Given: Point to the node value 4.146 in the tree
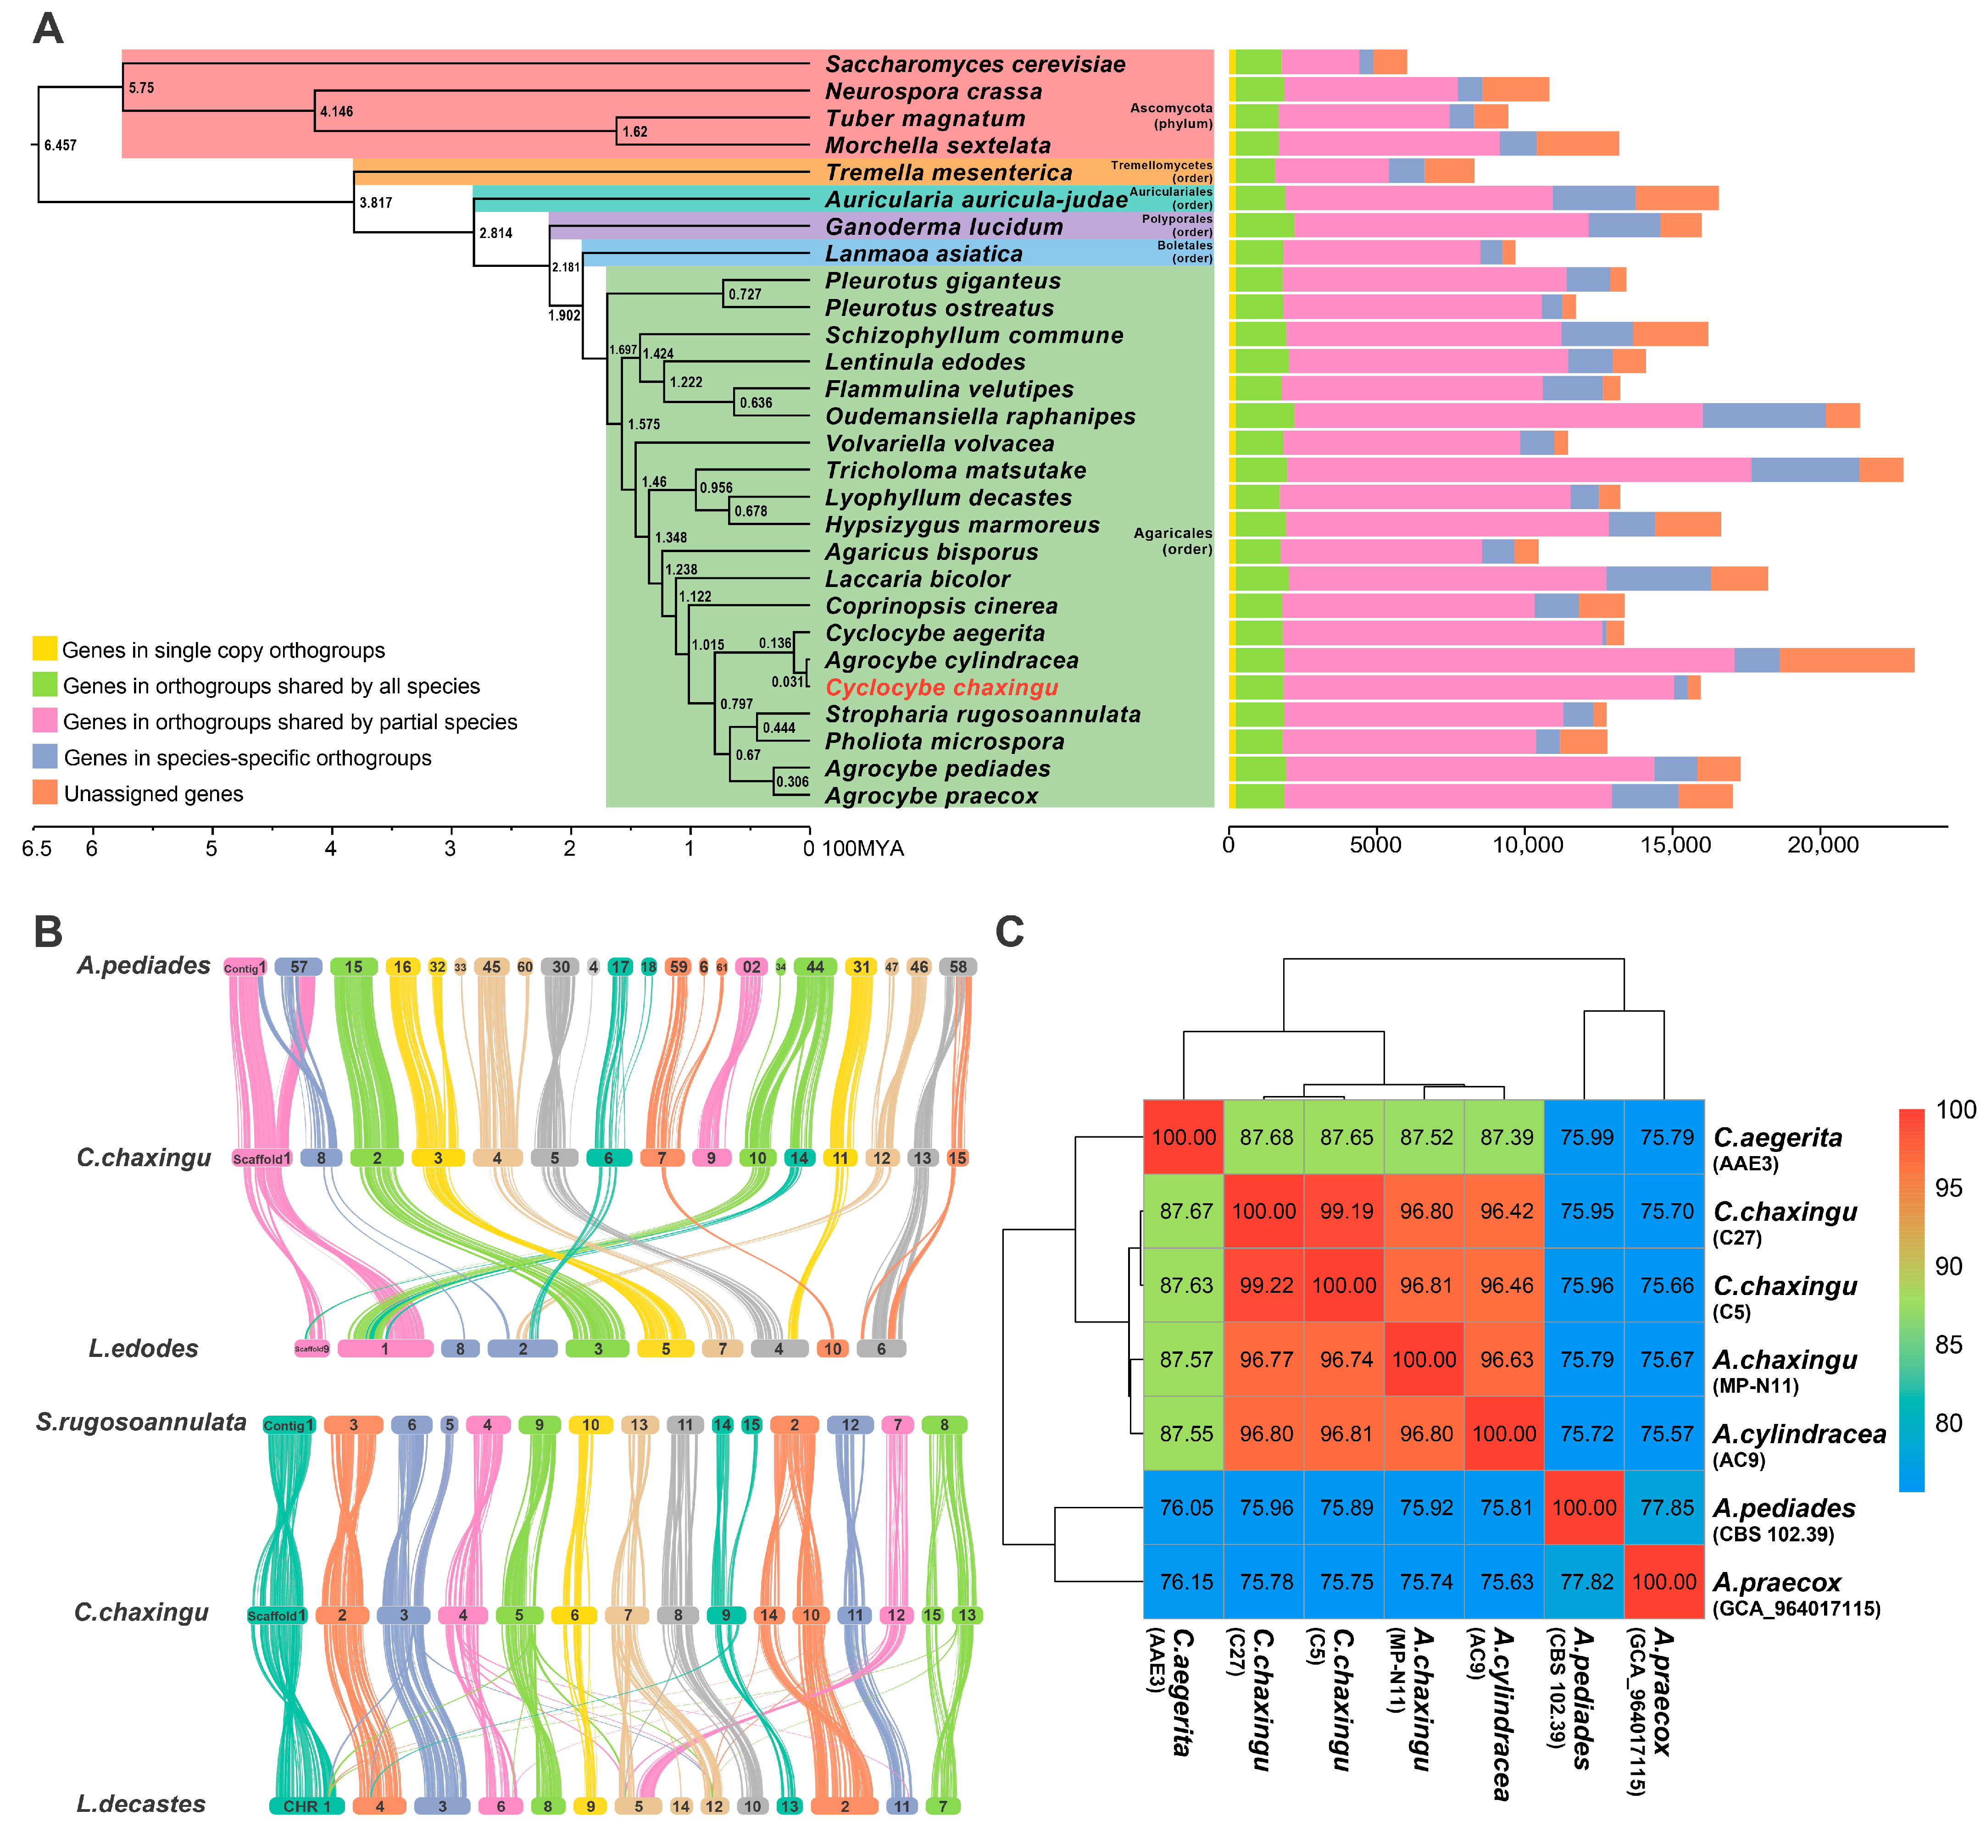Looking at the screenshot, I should [336, 112].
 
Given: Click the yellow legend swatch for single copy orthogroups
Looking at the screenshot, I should [45, 648].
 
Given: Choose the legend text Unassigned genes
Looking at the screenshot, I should [153, 794].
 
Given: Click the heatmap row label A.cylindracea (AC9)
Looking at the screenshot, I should [1798, 1444].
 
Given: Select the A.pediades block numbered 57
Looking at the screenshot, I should [299, 967].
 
